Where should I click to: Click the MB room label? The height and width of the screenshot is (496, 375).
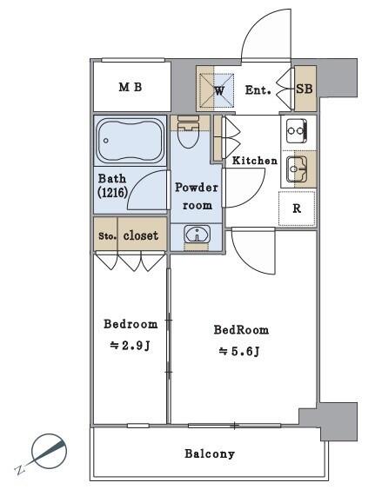click(x=131, y=87)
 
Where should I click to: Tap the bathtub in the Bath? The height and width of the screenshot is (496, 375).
click(x=130, y=141)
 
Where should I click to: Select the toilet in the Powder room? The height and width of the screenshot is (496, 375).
click(x=188, y=132)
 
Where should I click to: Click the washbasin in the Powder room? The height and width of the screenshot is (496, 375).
click(x=197, y=235)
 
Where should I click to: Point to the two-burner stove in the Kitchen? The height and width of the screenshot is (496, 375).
click(x=297, y=130)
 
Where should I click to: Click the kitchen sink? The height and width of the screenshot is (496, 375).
click(x=297, y=169)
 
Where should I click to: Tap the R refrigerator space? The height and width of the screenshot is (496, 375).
click(x=297, y=208)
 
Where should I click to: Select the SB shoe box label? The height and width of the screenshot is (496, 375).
click(x=305, y=89)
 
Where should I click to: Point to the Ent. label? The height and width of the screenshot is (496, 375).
click(x=258, y=90)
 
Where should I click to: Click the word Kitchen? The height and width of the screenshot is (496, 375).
click(x=255, y=161)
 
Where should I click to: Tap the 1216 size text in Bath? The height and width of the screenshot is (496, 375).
click(x=113, y=192)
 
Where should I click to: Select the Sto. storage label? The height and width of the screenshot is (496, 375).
click(x=107, y=236)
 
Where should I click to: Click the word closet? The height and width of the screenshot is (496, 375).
click(x=141, y=235)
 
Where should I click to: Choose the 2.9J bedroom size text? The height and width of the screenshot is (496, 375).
click(x=130, y=346)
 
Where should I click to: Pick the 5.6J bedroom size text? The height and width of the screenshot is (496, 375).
click(x=240, y=351)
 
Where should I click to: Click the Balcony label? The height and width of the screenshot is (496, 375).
click(x=210, y=454)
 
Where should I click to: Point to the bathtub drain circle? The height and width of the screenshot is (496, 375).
click(x=106, y=141)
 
